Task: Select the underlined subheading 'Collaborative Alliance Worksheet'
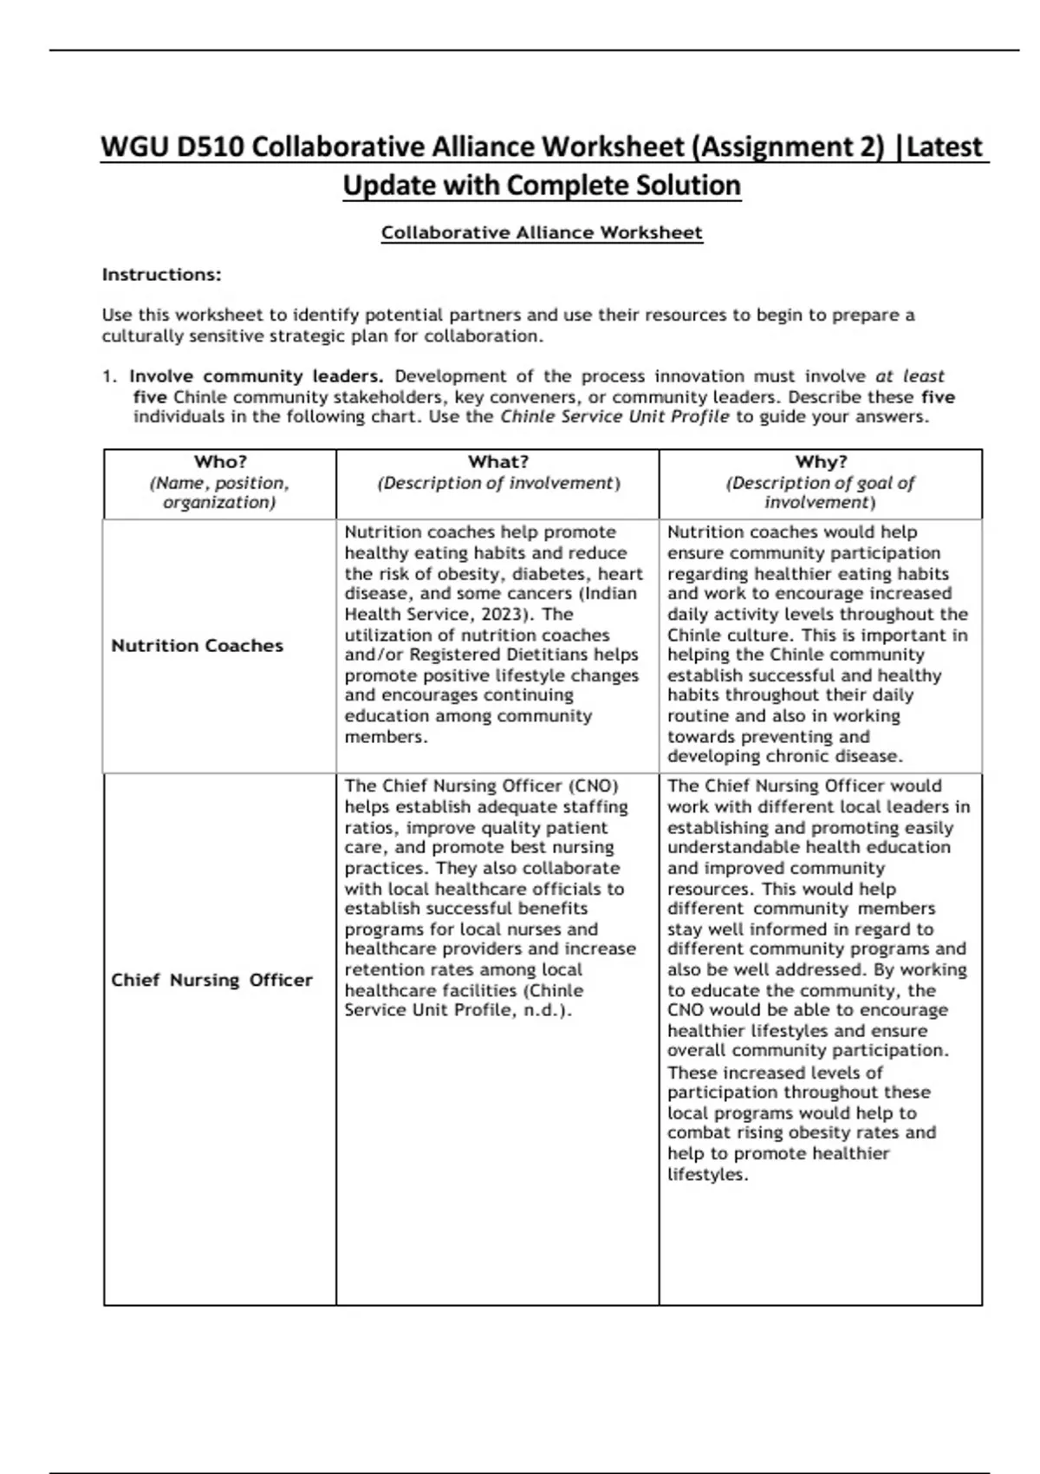[x=542, y=232]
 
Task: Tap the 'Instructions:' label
[x=162, y=275]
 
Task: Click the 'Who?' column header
[x=220, y=462]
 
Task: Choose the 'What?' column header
[x=498, y=462]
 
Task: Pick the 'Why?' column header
[x=821, y=462]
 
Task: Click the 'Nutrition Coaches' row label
[x=198, y=646]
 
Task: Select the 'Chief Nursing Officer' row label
[x=211, y=980]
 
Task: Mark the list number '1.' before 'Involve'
[x=109, y=376]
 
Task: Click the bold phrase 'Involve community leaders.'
[x=257, y=376]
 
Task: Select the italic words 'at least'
[x=909, y=376]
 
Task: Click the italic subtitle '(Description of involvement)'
[x=498, y=484]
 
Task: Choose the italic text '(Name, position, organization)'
[x=220, y=492]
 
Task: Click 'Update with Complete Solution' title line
[x=542, y=185]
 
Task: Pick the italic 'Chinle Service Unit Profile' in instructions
[x=614, y=417]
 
